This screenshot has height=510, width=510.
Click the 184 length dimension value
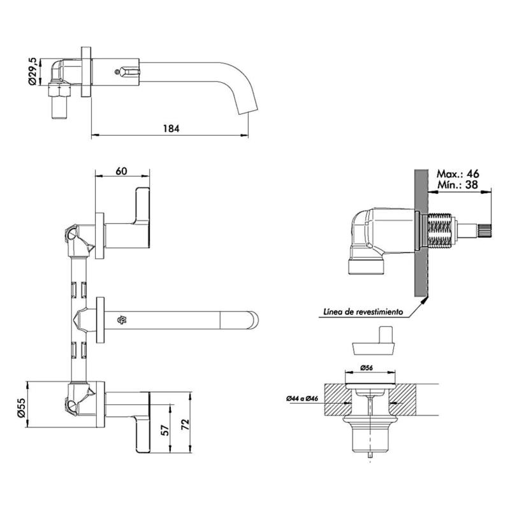(171, 127)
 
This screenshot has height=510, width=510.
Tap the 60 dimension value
(122, 171)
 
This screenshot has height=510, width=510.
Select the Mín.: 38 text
(457, 185)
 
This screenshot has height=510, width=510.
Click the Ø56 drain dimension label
(367, 368)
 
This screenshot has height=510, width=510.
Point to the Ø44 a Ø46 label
(303, 398)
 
